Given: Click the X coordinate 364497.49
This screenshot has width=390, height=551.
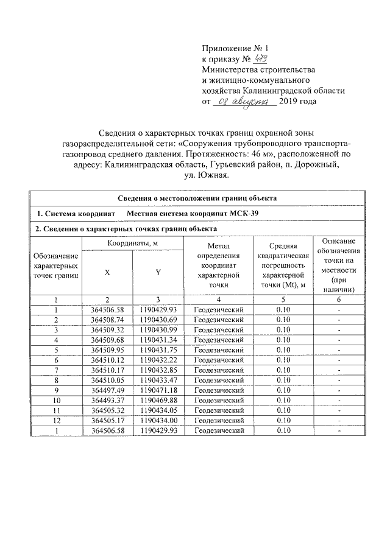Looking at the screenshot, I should coord(107,390).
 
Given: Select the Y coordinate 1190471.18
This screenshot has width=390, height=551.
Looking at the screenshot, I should coord(158,390).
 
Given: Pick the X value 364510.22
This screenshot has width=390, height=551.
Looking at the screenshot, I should coord(107,360).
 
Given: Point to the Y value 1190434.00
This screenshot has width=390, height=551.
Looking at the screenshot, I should coord(158,420).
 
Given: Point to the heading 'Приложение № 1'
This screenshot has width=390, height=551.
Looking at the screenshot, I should coord(235,48).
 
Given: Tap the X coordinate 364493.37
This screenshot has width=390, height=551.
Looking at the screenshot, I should coord(107,400).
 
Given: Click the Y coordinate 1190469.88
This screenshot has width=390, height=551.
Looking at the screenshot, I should coord(158,400).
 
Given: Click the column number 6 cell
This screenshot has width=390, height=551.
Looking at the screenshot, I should coord(339,300).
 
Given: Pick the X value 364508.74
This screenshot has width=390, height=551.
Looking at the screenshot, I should coord(107,320).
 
